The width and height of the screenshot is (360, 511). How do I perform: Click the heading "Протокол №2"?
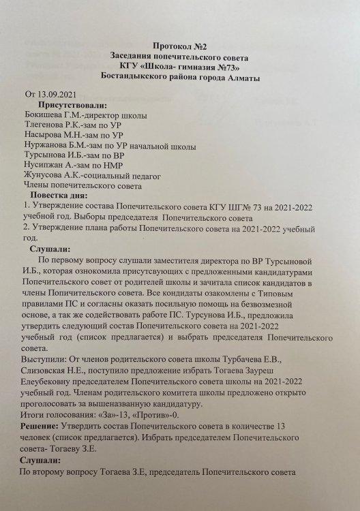[x=180, y=44]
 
